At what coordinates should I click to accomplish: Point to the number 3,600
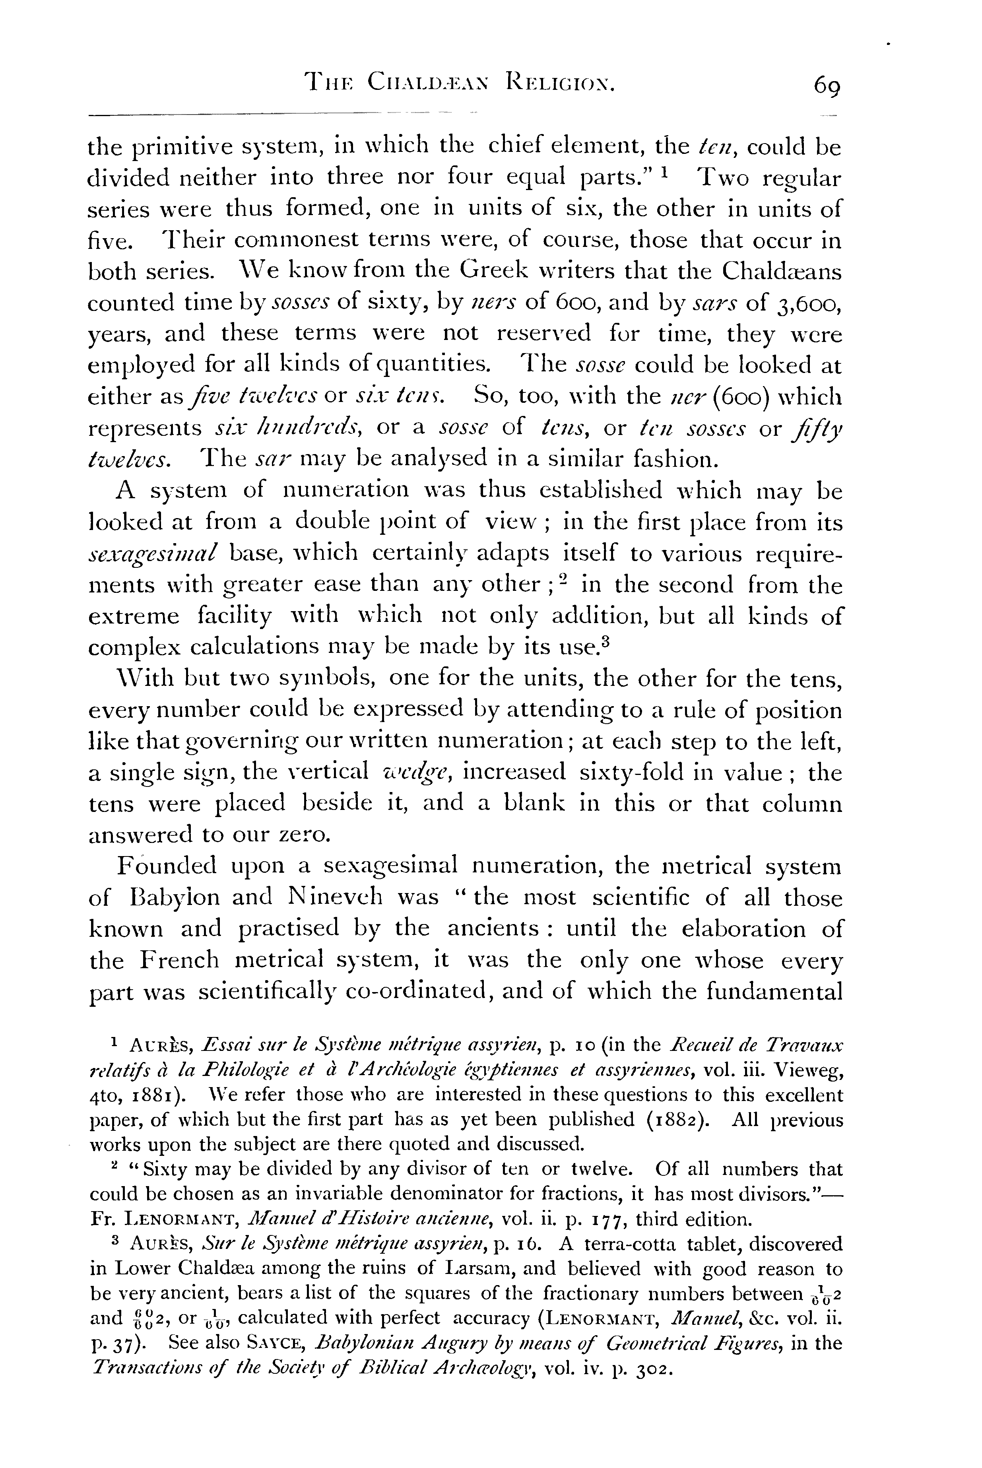coord(806,303)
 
